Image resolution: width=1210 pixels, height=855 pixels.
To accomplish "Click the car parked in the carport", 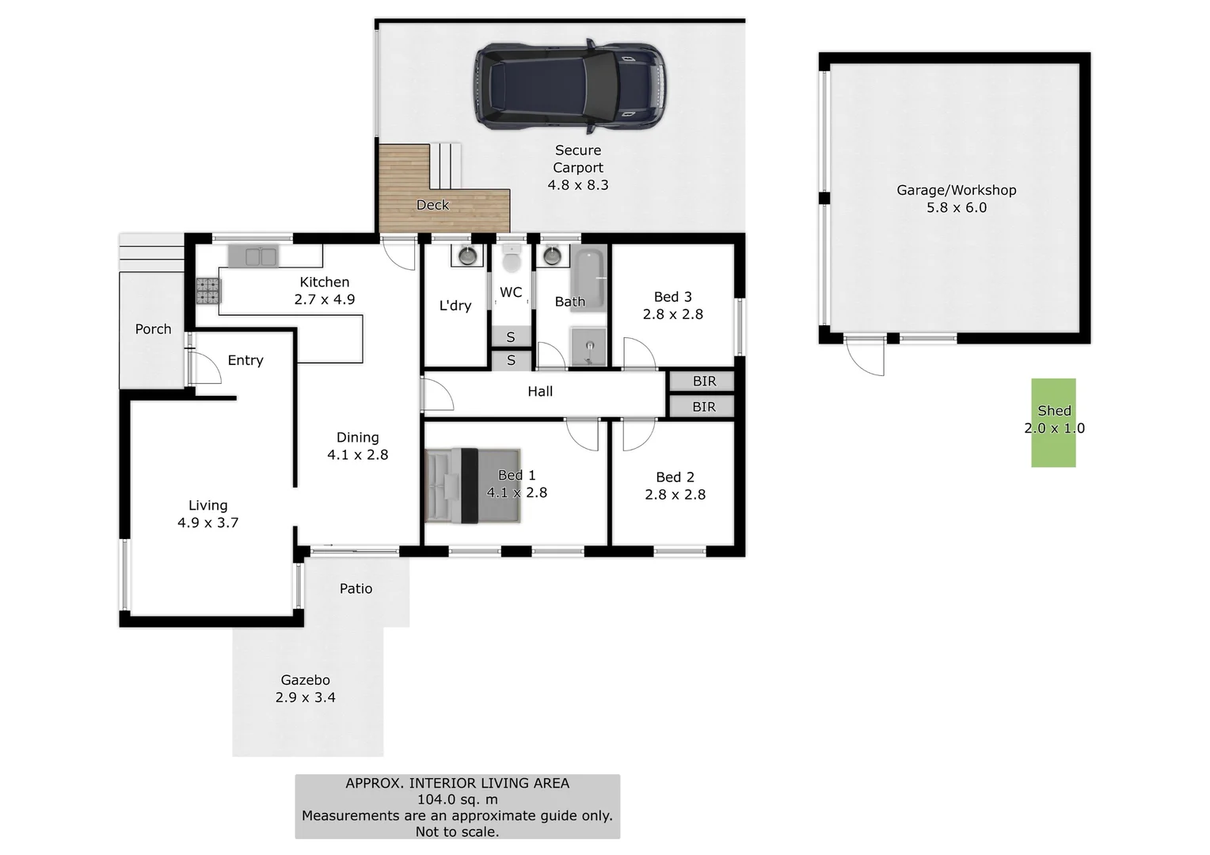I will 570,85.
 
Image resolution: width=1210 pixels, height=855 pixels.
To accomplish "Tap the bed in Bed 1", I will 473,485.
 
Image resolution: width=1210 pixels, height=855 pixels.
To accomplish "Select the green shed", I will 1053,423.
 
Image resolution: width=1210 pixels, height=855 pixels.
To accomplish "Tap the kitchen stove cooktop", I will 208,291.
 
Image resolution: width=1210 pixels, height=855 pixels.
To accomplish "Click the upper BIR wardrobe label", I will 704,382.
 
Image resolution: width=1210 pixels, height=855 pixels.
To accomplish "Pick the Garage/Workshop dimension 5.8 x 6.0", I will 957,207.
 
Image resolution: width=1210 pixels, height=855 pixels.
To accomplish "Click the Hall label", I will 540,391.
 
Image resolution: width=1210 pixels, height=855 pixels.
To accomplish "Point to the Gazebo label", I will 305,680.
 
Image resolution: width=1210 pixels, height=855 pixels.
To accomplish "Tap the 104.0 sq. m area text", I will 457,800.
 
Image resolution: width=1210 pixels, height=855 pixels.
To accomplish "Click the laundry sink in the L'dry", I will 467,256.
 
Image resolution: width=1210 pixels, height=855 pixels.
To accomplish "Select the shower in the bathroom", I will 588,347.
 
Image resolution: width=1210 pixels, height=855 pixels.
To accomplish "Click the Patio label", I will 356,588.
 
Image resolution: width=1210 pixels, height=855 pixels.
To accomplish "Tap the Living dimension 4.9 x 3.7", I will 207,522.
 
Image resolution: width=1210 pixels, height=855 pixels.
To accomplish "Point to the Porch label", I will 153,329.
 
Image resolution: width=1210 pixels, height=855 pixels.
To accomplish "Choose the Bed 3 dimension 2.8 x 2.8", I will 672,314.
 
